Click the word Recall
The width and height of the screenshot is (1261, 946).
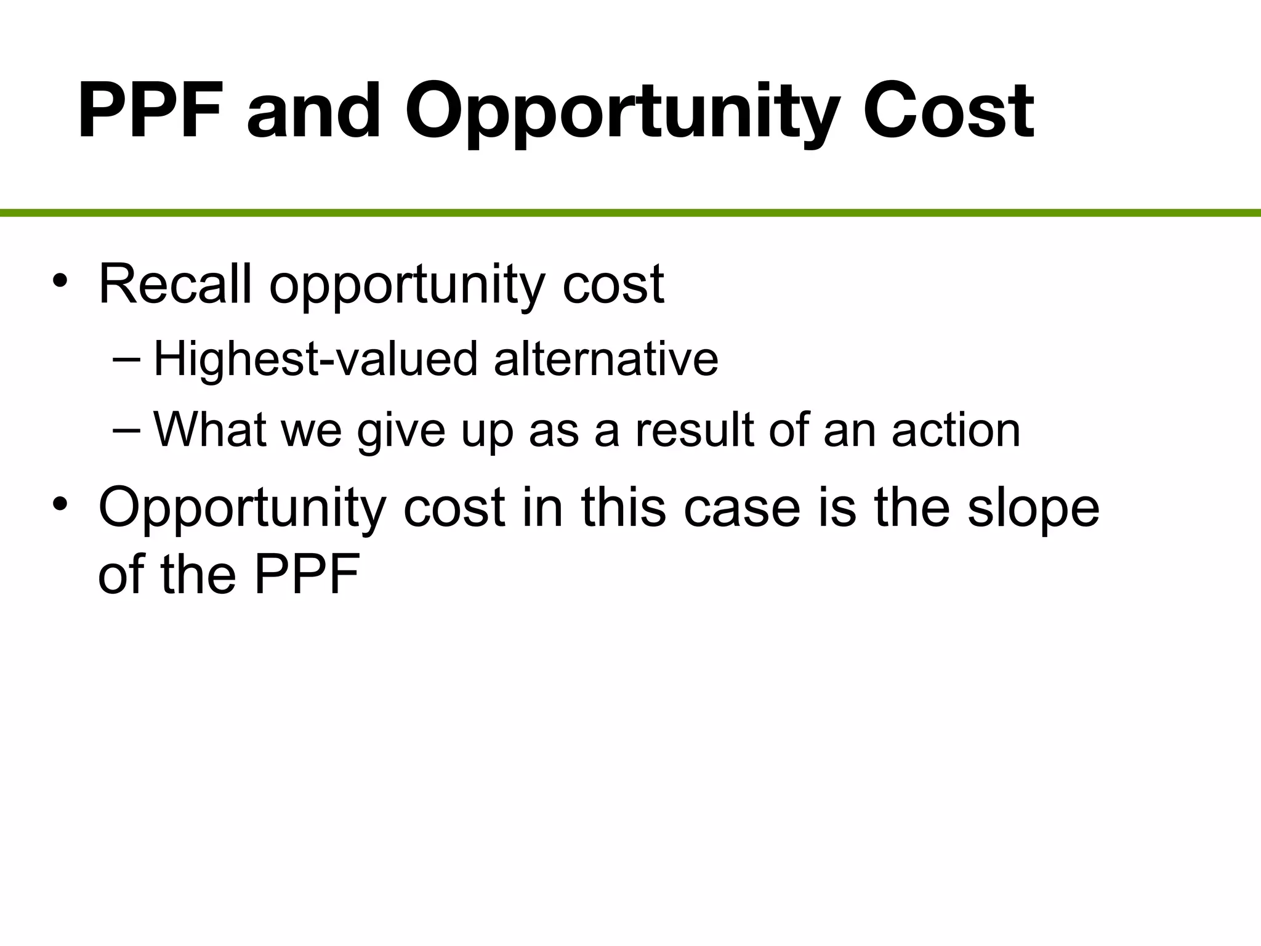pyautogui.click(x=175, y=284)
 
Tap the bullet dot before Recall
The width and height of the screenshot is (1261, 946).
pyautogui.click(x=60, y=281)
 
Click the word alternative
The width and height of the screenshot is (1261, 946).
pyautogui.click(x=606, y=359)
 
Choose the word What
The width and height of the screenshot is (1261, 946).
pyautogui.click(x=209, y=429)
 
